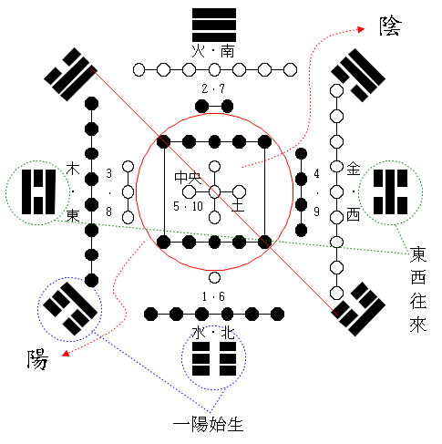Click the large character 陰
(x=391, y=26)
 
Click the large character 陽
(x=37, y=359)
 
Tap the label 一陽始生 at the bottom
(x=209, y=424)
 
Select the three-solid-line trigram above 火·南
(x=214, y=25)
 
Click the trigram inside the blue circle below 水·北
(x=214, y=359)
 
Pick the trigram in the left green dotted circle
(x=38, y=192)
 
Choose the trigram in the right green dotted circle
(x=390, y=192)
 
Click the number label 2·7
(x=213, y=88)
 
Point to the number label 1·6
(x=213, y=296)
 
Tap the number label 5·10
(x=188, y=206)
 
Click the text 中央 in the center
(x=188, y=178)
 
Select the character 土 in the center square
(x=238, y=205)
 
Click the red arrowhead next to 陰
(x=361, y=29)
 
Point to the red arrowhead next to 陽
(x=66, y=354)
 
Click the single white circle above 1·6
(x=214, y=277)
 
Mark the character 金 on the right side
(x=354, y=169)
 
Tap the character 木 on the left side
(x=73, y=169)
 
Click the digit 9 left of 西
(x=316, y=212)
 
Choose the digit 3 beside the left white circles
(x=109, y=173)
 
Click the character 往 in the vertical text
(x=418, y=301)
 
